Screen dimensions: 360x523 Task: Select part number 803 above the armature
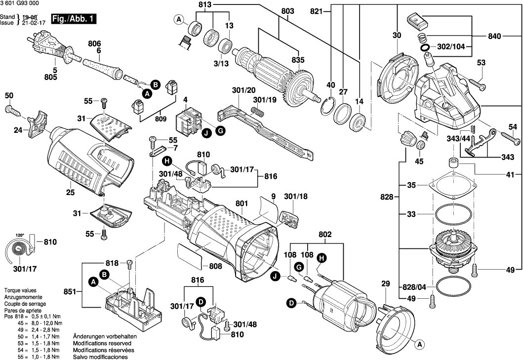[287, 11]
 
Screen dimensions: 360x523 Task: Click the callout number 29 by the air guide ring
[385, 284]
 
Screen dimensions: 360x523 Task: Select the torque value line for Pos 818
[32, 316]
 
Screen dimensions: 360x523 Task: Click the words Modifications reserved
[102, 343]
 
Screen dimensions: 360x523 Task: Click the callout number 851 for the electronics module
[69, 291]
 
